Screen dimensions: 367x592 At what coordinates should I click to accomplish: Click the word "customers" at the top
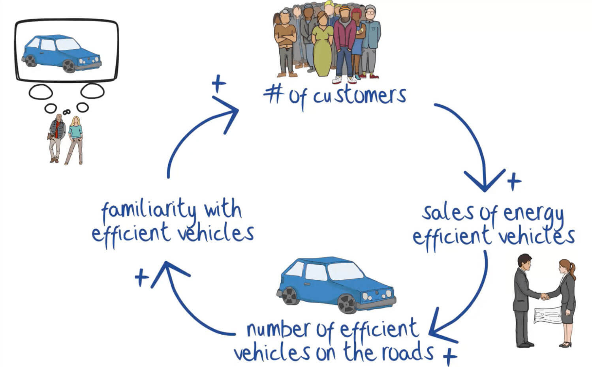pyautogui.click(x=359, y=96)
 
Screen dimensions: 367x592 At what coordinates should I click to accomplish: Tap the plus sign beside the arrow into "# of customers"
pyautogui.click(x=218, y=83)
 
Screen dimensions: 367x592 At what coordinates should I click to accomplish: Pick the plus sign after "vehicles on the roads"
pyautogui.click(x=450, y=357)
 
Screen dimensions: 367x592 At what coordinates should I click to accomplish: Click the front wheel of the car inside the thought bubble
pyautogui.click(x=69, y=66)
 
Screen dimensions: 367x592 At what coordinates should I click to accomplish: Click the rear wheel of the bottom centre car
pyautogui.click(x=290, y=296)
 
